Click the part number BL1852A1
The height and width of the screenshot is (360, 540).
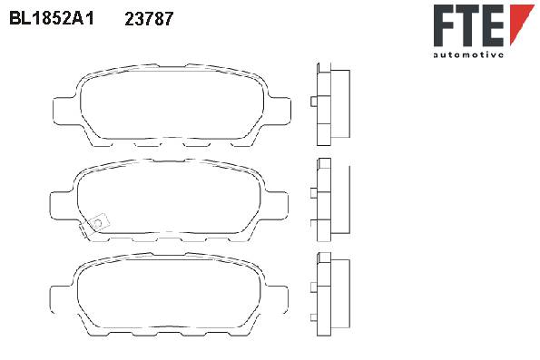52,18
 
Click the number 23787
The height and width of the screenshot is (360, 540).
149,19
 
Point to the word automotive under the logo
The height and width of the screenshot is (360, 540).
468,54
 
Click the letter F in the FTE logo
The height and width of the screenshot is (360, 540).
446,25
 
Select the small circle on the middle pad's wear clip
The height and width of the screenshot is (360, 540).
98,223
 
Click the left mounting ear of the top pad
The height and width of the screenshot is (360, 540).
64,111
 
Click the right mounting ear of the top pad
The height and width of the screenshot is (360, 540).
279,111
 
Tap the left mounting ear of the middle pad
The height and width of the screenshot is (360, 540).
62,205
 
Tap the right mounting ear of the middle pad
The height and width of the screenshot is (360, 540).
277,205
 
